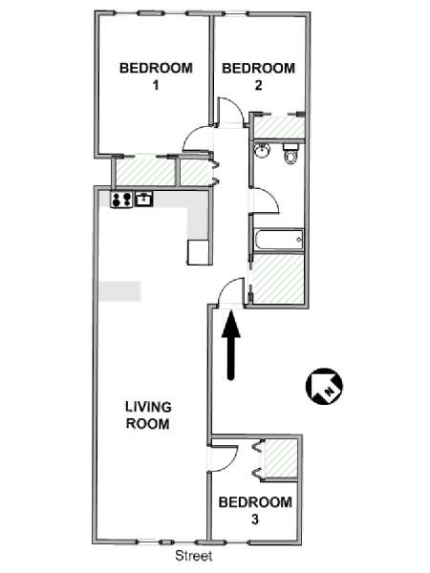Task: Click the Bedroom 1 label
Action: [x=156, y=76]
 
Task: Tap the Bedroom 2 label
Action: [x=259, y=76]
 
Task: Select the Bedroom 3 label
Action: [x=255, y=510]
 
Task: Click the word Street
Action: [x=194, y=556]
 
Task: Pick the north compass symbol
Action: [x=324, y=387]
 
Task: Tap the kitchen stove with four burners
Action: [x=121, y=200]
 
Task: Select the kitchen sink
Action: [x=144, y=200]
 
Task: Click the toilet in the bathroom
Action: [x=291, y=154]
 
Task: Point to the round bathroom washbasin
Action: [x=262, y=150]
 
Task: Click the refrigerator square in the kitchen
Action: [x=199, y=252]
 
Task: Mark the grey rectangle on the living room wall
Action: [x=120, y=291]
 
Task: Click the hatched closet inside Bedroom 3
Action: [x=280, y=458]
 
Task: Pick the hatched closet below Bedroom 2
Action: [x=279, y=126]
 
